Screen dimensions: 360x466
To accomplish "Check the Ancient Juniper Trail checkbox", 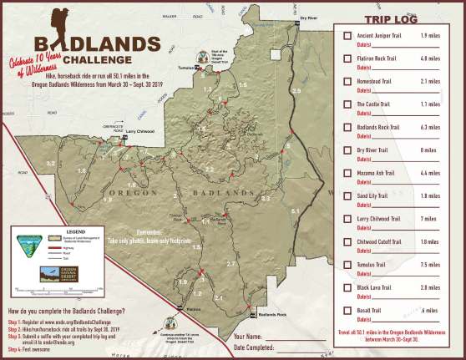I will pos(347,36).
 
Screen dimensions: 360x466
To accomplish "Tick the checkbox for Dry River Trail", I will pos(347,150).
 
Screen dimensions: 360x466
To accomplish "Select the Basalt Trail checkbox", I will pos(347,310).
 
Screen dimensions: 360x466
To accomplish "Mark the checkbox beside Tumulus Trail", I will pos(347,265).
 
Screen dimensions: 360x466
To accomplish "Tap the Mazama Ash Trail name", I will pos(380,173).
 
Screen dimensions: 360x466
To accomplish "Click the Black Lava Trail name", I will pos(378,287).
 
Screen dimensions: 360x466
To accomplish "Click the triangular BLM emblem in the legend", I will pos(28,246).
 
